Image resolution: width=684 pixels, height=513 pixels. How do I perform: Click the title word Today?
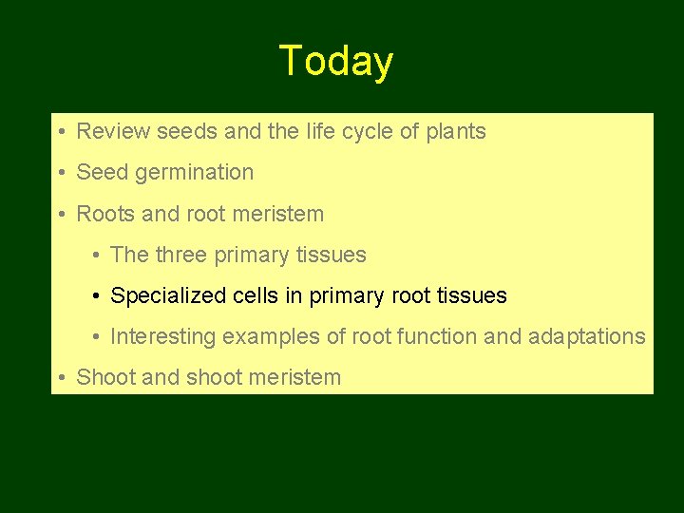(x=335, y=62)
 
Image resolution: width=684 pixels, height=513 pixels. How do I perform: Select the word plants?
(x=455, y=132)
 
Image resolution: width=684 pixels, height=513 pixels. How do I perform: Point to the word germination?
(x=195, y=173)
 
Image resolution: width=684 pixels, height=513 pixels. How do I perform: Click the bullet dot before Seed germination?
(x=60, y=173)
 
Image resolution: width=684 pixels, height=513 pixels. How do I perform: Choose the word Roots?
(x=105, y=214)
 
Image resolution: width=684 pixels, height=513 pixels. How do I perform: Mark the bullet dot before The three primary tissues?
(x=98, y=256)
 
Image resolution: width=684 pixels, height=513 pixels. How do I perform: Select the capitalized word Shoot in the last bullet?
(x=105, y=377)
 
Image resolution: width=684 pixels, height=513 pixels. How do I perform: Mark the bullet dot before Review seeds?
(x=60, y=132)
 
